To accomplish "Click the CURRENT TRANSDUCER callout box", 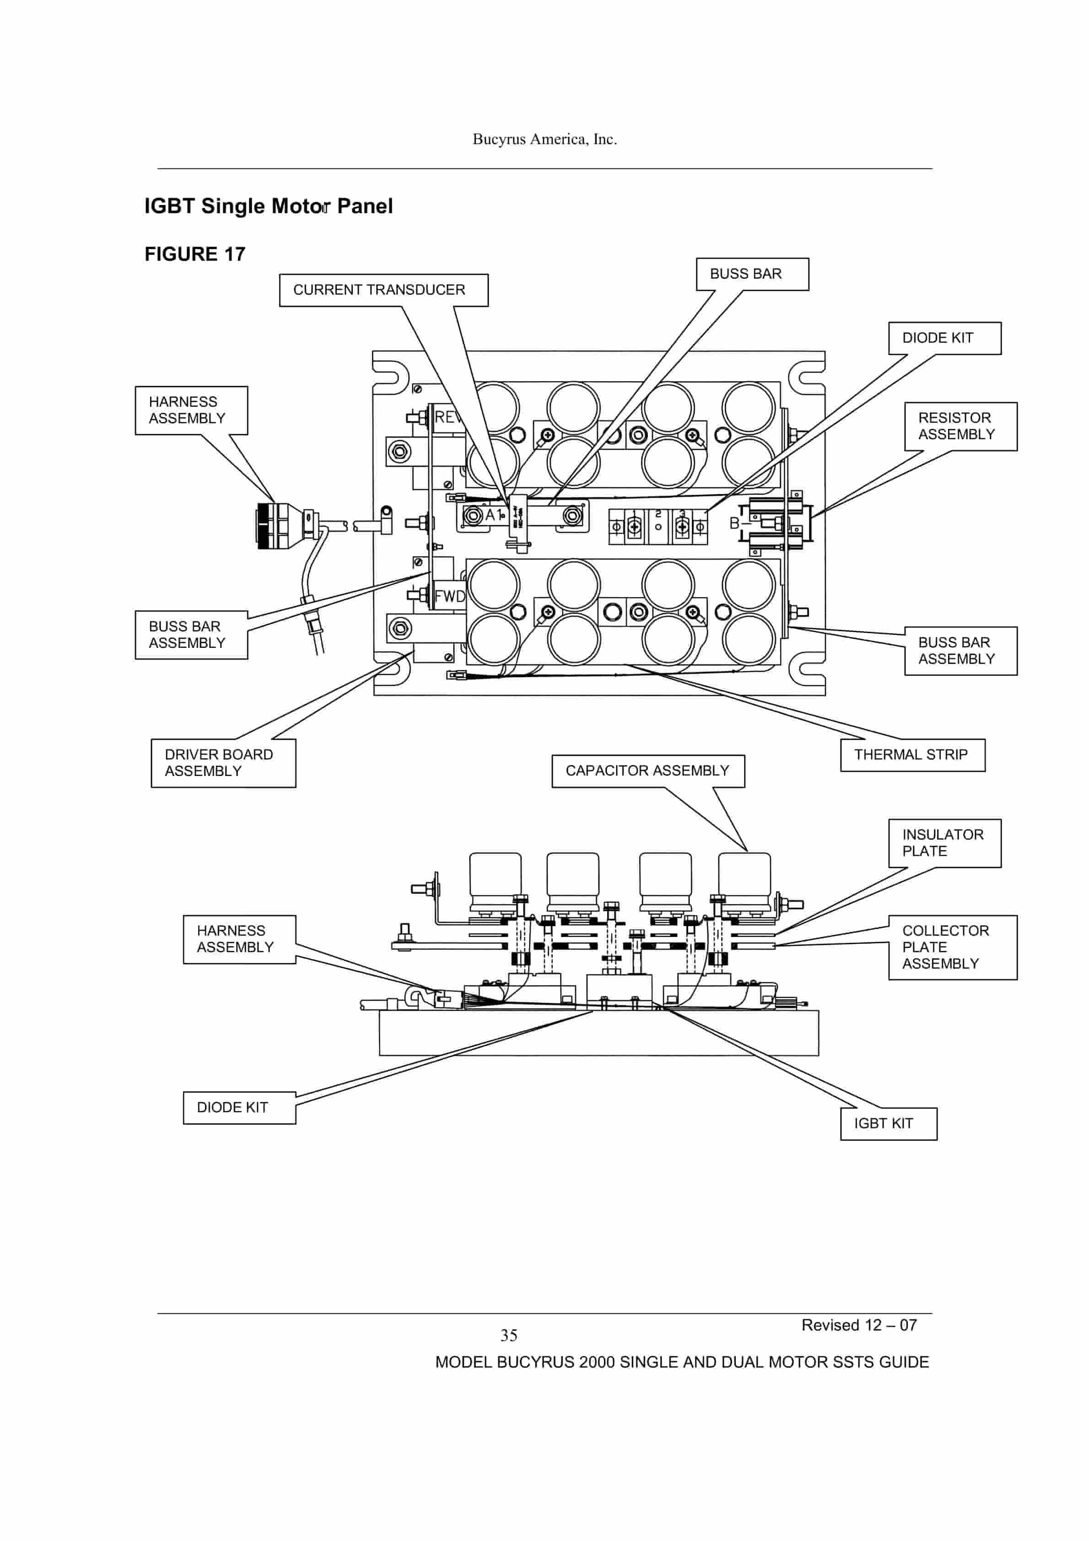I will coord(383,290).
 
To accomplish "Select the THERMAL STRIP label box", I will coord(912,755).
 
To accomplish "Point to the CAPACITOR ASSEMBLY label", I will coord(648,770).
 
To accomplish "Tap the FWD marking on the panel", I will coord(449,596).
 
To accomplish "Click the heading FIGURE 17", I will coord(195,254).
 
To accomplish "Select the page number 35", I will coord(508,1336).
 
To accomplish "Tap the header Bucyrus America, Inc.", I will coord(544,139).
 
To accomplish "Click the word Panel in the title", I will coord(365,206).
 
